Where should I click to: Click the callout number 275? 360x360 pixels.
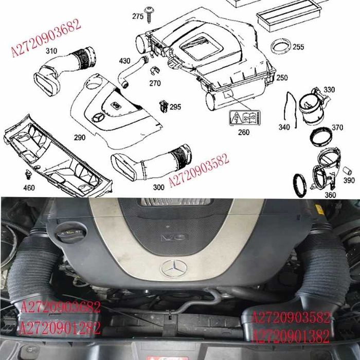(138, 16)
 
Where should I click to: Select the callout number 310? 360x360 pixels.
(51, 51)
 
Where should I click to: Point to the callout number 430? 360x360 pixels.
(124, 61)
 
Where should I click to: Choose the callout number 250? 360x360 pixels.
(282, 78)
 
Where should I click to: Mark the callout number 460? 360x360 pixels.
(29, 188)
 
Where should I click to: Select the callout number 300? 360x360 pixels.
(159, 187)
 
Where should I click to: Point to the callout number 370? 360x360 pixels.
(337, 128)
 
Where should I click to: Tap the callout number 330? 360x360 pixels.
(329, 89)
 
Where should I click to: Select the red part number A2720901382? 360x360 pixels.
(291, 337)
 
